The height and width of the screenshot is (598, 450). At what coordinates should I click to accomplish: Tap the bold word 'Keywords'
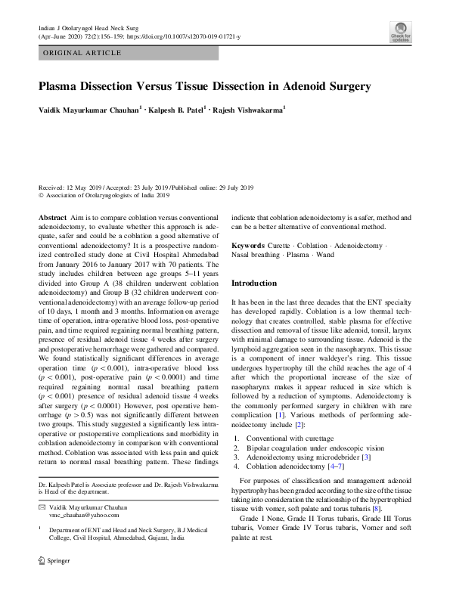(x=248, y=246)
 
